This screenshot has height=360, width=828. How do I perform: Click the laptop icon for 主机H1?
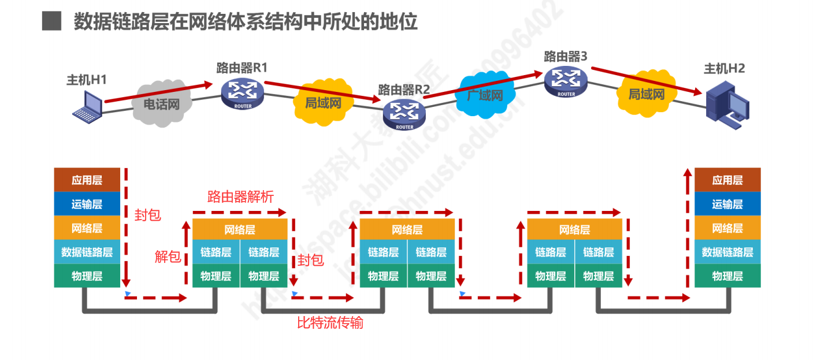coord(87,106)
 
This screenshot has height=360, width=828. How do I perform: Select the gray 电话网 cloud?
coord(161,105)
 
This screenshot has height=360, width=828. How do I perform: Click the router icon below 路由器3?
coord(566,80)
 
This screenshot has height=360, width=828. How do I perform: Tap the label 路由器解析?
coord(240,196)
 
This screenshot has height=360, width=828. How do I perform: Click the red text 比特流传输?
coord(330,322)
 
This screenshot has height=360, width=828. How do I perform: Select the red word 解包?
coord(168,257)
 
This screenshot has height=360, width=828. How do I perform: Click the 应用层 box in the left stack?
coord(87,180)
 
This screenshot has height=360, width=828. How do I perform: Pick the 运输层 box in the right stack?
coord(727,204)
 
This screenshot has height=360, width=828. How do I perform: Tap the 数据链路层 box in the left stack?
coord(87,252)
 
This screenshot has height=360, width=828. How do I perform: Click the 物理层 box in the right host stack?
coord(727,276)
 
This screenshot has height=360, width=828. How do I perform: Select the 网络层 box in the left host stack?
coord(87,228)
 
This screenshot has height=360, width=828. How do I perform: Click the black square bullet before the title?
coord(51,21)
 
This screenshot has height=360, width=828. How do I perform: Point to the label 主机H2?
coord(724,68)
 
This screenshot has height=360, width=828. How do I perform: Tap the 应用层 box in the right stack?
coord(727,180)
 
